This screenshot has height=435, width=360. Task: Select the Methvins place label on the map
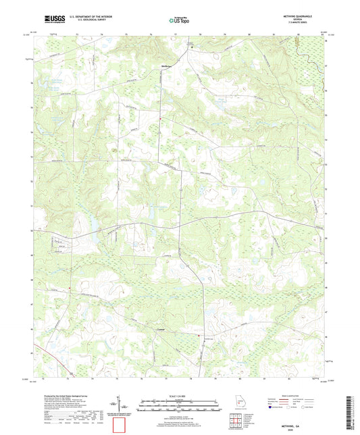pos(167,66)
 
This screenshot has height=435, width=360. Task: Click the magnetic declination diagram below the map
pos(119,404)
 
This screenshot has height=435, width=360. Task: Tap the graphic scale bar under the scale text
pos(180,407)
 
